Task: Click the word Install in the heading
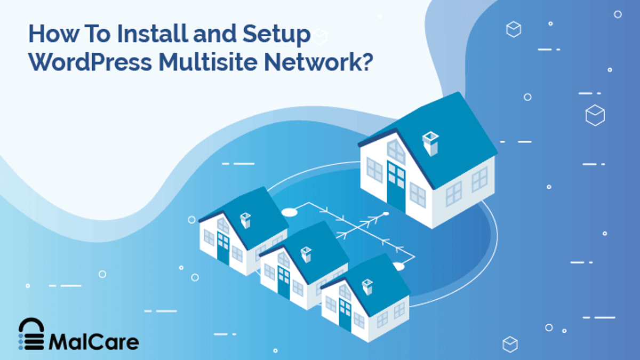coord(153,34)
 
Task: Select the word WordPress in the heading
coord(90,62)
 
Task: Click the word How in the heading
coord(54,34)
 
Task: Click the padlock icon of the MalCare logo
coord(31,334)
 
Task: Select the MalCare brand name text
coord(94,342)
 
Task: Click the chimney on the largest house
coord(430,143)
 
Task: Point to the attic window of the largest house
coord(396,151)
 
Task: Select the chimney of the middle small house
coord(306,254)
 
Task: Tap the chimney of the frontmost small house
coord(367,287)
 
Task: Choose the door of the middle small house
coord(284,282)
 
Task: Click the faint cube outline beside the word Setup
coord(319,37)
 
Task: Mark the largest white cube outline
coord(595,115)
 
